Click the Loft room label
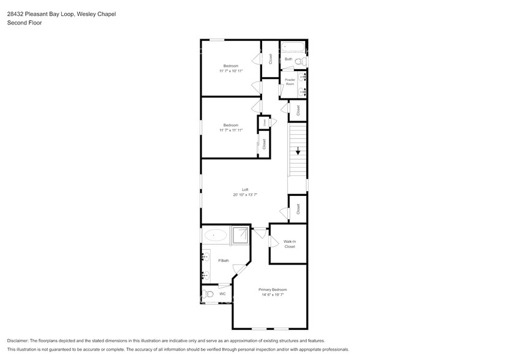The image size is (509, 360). [245, 189]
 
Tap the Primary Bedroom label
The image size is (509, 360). [273, 289]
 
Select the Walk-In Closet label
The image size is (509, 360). [289, 244]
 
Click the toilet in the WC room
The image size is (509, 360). [208, 294]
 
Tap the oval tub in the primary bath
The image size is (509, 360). [215, 234]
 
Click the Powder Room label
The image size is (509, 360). [290, 82]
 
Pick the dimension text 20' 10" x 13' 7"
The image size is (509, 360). [245, 195]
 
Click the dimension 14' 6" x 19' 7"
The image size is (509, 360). [273, 294]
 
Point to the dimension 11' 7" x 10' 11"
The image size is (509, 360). [231, 71]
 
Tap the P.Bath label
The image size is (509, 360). [224, 261]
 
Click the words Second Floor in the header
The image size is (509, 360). [22, 23]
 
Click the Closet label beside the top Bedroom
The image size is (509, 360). [270, 59]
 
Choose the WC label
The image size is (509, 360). [222, 294]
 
